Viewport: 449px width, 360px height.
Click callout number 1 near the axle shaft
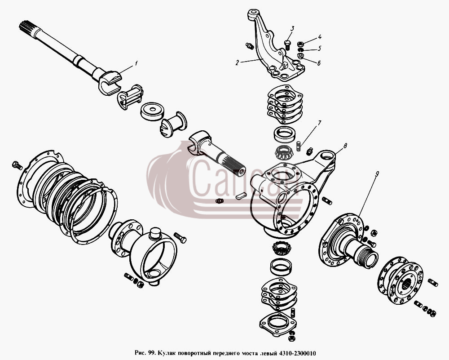(x=136, y=63)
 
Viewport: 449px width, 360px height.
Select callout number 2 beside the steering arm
(x=237, y=63)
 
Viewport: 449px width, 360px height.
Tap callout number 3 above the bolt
(x=292, y=28)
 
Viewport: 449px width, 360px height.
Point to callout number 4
(x=319, y=37)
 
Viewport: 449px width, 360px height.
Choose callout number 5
(x=319, y=48)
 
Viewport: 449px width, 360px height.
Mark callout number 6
(x=319, y=63)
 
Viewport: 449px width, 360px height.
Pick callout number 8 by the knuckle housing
(x=345, y=146)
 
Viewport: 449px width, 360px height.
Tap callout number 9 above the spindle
(x=377, y=173)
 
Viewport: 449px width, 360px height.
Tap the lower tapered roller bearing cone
(x=282, y=248)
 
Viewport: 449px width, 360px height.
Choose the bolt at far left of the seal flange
(x=17, y=165)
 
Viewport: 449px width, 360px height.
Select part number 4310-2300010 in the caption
(x=298, y=352)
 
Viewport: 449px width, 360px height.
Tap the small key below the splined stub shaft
(x=241, y=196)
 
